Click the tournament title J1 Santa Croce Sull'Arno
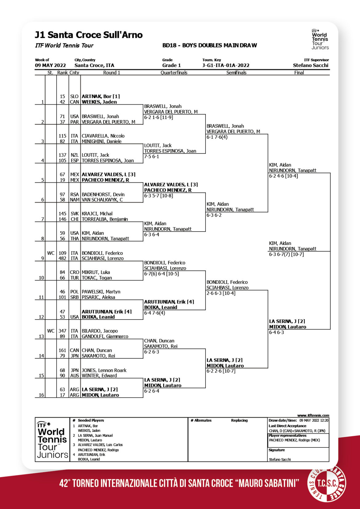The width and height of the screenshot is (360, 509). pos(89,35)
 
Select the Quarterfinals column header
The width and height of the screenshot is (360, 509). pos(174,73)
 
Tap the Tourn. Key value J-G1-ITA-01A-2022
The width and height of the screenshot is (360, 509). pos(226,66)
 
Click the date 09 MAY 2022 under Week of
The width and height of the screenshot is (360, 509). pos(50,66)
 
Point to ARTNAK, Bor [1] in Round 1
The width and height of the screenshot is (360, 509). pos(101,96)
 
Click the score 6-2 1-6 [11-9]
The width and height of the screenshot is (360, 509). pos(158,117)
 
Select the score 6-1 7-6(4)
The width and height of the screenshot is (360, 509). pos(217,137)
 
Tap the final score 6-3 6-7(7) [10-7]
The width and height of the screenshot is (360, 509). pos(286,254)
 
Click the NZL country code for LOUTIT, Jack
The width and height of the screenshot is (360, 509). pos(74,155)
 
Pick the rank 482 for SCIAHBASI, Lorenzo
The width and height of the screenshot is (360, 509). pos(62,258)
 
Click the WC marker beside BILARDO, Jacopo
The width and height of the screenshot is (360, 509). pos(51,331)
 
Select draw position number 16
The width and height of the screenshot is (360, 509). pos(41,395)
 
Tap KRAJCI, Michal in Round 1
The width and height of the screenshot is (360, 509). pos(97,214)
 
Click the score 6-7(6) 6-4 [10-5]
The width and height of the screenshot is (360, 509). pos(161,274)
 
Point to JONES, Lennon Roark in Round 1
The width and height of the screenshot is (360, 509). pos(104,370)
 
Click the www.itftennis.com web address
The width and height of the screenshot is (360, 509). pos(313,416)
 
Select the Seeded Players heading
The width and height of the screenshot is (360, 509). pos(91,420)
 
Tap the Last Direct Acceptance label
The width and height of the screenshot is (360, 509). pos(287,426)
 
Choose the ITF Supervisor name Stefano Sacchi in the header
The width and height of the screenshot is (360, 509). pos(310,66)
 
